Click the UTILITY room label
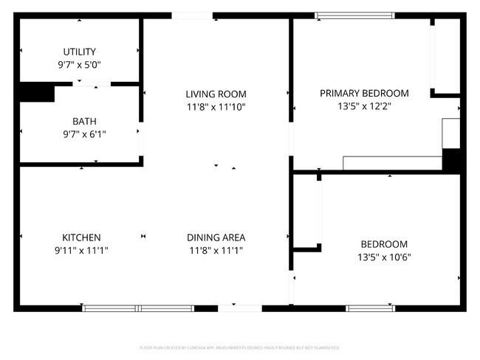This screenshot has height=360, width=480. (x=79, y=52)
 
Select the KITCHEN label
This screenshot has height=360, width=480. (x=81, y=238)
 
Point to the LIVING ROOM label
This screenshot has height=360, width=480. (x=216, y=94)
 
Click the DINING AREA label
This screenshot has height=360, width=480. (x=216, y=238)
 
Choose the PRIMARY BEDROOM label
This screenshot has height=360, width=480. (x=364, y=93)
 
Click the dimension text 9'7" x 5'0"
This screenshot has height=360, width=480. (x=79, y=64)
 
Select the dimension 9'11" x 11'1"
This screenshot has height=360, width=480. (x=81, y=250)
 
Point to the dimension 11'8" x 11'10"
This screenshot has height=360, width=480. (x=216, y=106)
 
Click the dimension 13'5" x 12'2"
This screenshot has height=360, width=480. (x=364, y=105)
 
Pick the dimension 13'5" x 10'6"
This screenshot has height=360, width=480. (x=384, y=257)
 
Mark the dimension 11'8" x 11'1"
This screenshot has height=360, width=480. (x=216, y=250)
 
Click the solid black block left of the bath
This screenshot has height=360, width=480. (x=36, y=92)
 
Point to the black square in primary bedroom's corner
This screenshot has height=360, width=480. (x=451, y=159)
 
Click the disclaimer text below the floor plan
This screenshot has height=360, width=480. (x=240, y=347)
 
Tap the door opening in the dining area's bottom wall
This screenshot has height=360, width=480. (x=234, y=308)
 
